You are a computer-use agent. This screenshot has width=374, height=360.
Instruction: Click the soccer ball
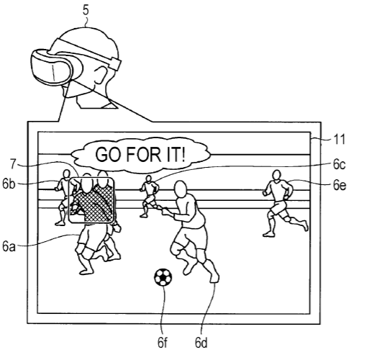click(x=163, y=277)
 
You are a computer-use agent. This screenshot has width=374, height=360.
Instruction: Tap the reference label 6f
click(x=163, y=343)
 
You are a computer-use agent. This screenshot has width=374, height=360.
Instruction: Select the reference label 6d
click(x=201, y=343)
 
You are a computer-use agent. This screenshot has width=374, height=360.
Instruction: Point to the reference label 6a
click(x=9, y=246)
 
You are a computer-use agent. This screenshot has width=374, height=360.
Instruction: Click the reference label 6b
click(x=9, y=184)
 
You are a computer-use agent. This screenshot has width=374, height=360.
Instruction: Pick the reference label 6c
click(x=339, y=164)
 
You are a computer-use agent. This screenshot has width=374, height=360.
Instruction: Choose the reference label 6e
click(x=339, y=185)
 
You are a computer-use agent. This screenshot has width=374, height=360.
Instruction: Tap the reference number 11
click(x=339, y=139)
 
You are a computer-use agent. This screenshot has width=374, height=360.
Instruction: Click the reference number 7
click(x=13, y=164)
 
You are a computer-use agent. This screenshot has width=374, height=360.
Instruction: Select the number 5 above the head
click(x=86, y=10)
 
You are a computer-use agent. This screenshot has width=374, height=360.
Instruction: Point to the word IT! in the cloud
click(x=175, y=154)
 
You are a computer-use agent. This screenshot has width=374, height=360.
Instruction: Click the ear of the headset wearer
click(x=100, y=75)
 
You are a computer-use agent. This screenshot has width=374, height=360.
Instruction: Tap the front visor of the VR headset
click(x=51, y=67)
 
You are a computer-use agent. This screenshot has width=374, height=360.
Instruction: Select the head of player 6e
click(x=277, y=175)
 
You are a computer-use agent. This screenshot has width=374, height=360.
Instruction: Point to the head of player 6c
click(x=149, y=179)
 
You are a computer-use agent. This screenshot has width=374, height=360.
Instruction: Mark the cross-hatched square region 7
click(x=91, y=200)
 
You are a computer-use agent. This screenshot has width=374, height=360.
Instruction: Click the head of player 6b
click(x=66, y=174)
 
